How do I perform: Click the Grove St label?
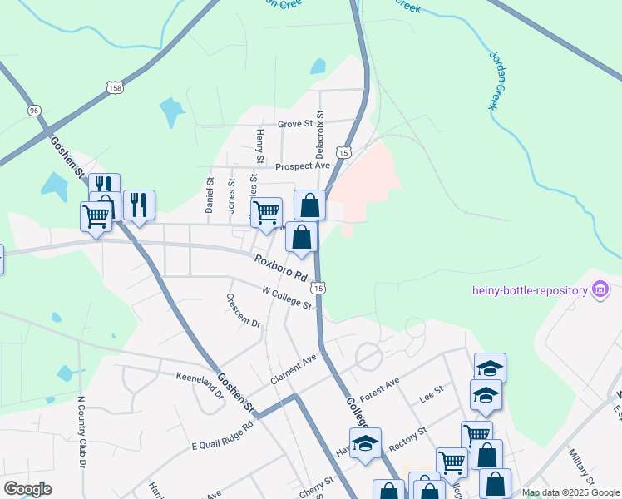tap(294, 124)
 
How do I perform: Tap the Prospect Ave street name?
tap(303, 166)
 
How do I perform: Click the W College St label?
tap(286, 298)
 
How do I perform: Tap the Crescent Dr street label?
tap(244, 310)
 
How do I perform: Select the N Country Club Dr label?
tap(82, 436)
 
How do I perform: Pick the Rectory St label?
tap(407, 437)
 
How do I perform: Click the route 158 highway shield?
tap(116, 86)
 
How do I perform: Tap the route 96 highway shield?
tap(33, 110)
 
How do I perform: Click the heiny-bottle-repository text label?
tap(529, 290)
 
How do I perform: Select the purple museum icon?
tap(599, 290)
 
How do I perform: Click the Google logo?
tap(27, 489)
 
